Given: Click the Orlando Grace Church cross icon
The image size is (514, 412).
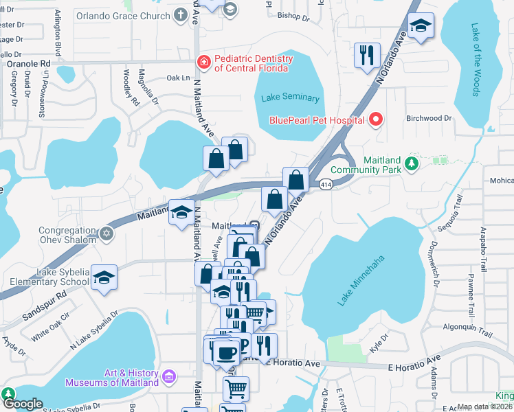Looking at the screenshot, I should click(x=180, y=15).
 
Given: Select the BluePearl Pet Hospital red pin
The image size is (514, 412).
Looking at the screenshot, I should click(x=375, y=120).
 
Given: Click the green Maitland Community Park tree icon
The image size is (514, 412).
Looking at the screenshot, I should click(x=411, y=163).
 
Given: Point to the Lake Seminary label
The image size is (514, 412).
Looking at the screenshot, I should click(x=290, y=98).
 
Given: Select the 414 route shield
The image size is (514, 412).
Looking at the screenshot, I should click(x=325, y=183).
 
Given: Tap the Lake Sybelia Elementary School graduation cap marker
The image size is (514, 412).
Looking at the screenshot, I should click(x=104, y=277).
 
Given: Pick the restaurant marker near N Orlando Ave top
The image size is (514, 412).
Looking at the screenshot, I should click(x=367, y=54).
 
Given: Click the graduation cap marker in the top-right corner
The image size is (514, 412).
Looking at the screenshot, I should click(x=421, y=26).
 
